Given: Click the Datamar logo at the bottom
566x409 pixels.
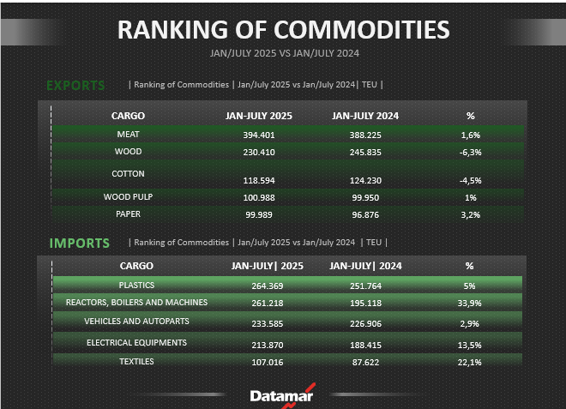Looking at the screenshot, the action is pyautogui.click(x=282, y=395).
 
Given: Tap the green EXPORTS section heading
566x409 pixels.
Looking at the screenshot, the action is pyautogui.click(x=75, y=86).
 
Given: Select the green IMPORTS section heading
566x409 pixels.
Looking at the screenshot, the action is pyautogui.click(x=80, y=244).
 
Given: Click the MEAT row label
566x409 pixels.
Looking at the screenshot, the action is pyautogui.click(x=128, y=135).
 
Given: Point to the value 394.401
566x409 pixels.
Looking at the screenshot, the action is pyautogui.click(x=259, y=135).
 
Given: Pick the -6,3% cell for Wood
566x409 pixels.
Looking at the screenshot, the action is pyautogui.click(x=470, y=153).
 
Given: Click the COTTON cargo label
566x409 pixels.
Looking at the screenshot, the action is pyautogui.click(x=128, y=174).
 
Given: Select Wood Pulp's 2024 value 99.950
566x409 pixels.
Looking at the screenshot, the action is pyautogui.click(x=365, y=198).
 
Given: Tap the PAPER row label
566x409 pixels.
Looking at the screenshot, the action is pyautogui.click(x=128, y=214).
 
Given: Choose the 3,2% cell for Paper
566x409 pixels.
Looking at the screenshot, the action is pyautogui.click(x=470, y=215).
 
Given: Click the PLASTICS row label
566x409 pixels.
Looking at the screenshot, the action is pyautogui.click(x=136, y=286).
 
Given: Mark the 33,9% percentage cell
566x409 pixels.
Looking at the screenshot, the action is pyautogui.click(x=469, y=304).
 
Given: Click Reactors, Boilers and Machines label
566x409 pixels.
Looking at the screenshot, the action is pyautogui.click(x=136, y=302).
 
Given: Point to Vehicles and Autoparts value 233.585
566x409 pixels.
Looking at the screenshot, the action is pyautogui.click(x=267, y=324).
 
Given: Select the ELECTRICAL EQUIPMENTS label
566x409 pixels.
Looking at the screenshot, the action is pyautogui.click(x=136, y=343).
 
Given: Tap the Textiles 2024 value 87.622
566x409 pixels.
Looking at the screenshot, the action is pyautogui.click(x=365, y=363).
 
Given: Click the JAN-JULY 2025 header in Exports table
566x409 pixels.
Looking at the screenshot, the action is pyautogui.click(x=259, y=116).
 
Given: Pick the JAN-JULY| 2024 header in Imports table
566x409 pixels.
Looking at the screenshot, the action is pyautogui.click(x=365, y=266).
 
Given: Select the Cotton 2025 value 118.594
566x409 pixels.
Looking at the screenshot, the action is pyautogui.click(x=259, y=181).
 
